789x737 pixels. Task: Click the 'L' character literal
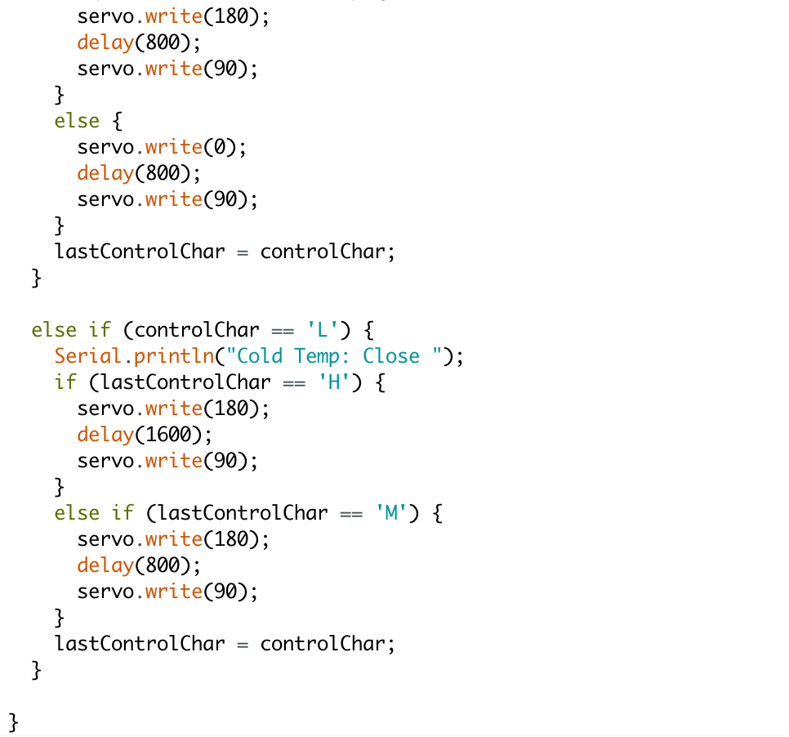coord(323,330)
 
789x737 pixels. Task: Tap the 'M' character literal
coord(392,513)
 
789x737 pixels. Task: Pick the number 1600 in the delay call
coord(169,435)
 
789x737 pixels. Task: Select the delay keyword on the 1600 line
coord(105,435)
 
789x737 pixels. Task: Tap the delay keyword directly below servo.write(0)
coord(105,173)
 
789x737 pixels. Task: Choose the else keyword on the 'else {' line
coord(77,121)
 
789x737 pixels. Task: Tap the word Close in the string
coord(391,356)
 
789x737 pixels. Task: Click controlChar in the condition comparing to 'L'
coord(197,330)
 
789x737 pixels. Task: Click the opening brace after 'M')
coord(437,513)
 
